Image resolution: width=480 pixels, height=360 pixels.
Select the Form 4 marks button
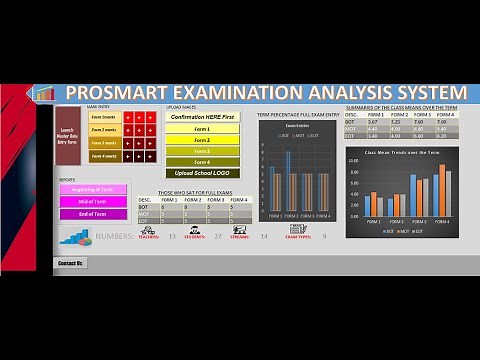pos(103,155)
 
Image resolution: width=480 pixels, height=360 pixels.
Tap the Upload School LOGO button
pos(202,172)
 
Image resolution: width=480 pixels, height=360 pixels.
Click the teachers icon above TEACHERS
pos(148,229)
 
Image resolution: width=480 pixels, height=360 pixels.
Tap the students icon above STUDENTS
pos(194,229)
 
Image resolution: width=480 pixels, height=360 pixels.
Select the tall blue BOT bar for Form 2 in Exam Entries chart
pos(289,180)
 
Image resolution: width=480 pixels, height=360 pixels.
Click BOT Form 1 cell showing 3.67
pos(372,121)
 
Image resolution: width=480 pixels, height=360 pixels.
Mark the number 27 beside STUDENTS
pos(218,236)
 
